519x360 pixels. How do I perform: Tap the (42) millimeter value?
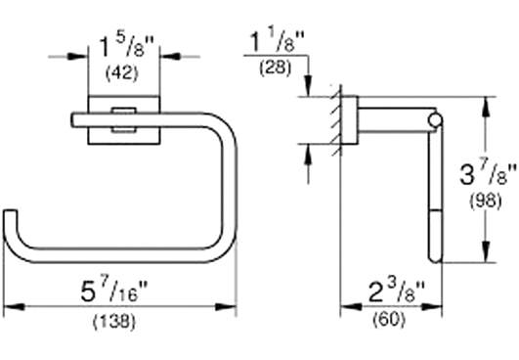click(121, 73)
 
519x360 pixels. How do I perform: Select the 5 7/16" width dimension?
click(113, 292)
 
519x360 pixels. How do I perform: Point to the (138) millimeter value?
click(113, 322)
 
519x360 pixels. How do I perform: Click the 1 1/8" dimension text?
click(277, 42)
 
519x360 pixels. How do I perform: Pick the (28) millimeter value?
click(275, 68)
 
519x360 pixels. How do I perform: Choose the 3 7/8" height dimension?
click(488, 175)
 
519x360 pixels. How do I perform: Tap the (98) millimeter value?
click(486, 201)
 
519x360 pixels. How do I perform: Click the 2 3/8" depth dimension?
click(396, 292)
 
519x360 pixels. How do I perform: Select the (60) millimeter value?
click(389, 320)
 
